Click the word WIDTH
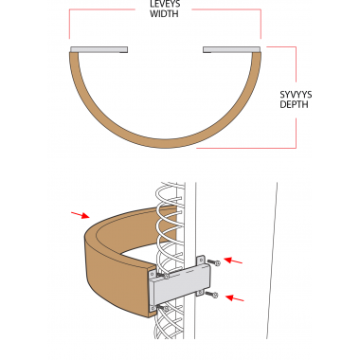click(x=164, y=13)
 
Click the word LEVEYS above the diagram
click(x=165, y=4)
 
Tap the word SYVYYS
click(x=296, y=95)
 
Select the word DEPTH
click(x=294, y=104)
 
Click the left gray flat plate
click(x=99, y=49)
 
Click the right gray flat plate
click(x=232, y=49)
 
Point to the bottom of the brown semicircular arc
click(x=165, y=143)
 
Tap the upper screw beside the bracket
click(x=213, y=262)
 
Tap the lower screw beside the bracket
click(x=211, y=295)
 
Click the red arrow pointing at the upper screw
click(x=233, y=261)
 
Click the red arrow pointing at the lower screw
click(x=235, y=298)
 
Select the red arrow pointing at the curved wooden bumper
click(x=81, y=215)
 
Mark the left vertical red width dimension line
click(x=69, y=24)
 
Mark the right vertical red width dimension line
click(x=261, y=24)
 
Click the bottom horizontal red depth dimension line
click(x=246, y=148)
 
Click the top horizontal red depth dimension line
click(x=281, y=47)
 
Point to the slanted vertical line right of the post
click(x=272, y=261)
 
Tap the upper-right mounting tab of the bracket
click(x=201, y=261)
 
